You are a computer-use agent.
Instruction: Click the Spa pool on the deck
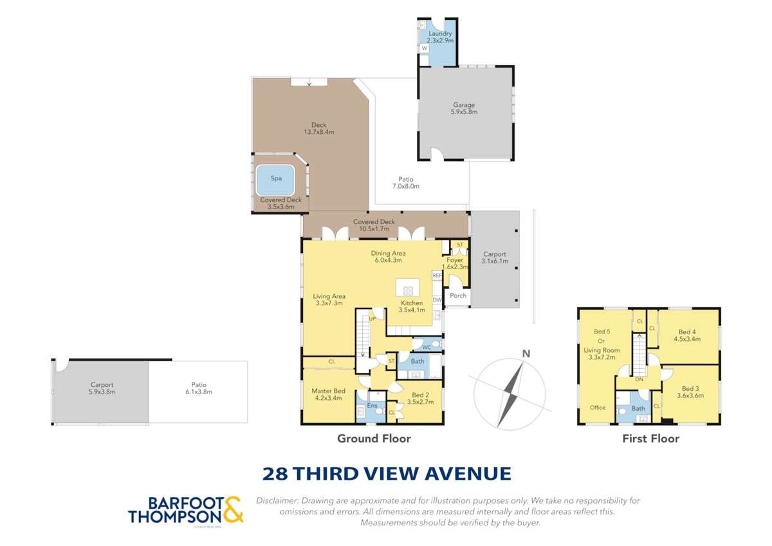[276, 180]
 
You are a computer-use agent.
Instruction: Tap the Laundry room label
[441, 37]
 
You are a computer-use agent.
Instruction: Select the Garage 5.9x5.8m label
[463, 108]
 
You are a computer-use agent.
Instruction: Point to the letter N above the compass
[526, 353]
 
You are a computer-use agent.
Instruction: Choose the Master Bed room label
[328, 395]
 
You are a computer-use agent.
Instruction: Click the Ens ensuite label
[372, 406]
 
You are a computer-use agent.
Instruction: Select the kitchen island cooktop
[407, 290]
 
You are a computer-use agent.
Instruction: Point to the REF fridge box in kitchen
[437, 276]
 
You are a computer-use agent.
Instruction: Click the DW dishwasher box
[437, 300]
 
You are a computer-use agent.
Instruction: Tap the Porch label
[458, 296]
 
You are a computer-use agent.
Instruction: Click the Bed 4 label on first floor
[684, 335]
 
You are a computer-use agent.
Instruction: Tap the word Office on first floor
[598, 408]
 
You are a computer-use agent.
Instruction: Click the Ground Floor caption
[374, 439]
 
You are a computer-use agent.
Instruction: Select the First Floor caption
[650, 439]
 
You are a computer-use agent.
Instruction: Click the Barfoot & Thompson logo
[186, 509]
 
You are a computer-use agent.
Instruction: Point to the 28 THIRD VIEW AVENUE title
[387, 474]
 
